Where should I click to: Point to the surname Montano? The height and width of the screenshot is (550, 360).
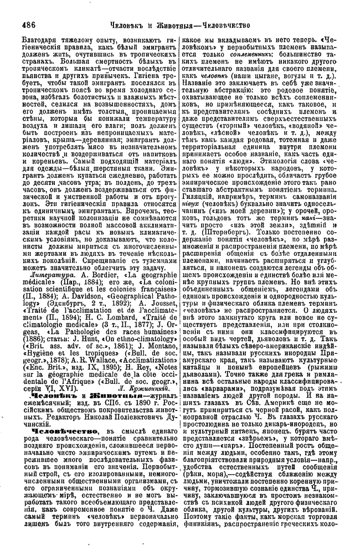tap(158, 345)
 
